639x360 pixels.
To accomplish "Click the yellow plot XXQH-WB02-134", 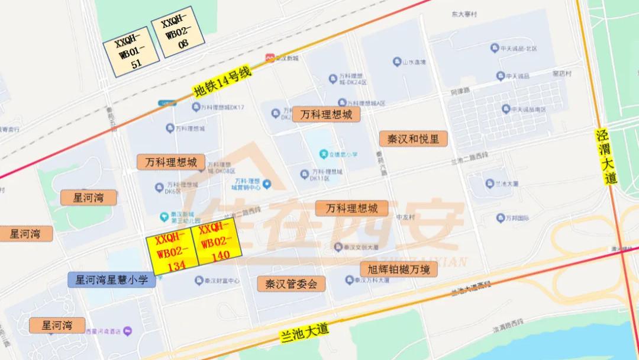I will pyautogui.click(x=172, y=253).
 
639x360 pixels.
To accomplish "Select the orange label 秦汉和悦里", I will pyautogui.click(x=414, y=139).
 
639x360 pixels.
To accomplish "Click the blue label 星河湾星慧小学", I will pyautogui.click(x=112, y=279).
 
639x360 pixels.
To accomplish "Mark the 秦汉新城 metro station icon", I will pyautogui.click(x=269, y=58).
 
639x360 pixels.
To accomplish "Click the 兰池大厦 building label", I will pyautogui.click(x=489, y=183).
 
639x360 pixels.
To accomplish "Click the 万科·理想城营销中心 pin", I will pyautogui.click(x=266, y=185).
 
